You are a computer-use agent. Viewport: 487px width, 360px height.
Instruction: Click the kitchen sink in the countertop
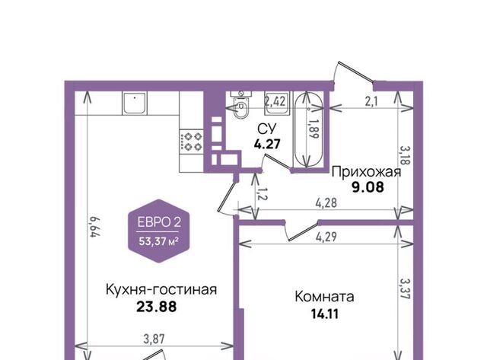[x=135, y=103]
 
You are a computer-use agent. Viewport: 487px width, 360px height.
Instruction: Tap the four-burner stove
[x=191, y=141]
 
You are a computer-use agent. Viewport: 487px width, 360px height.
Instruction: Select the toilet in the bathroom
[x=240, y=105]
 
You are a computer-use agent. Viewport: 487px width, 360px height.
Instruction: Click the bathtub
[x=308, y=129]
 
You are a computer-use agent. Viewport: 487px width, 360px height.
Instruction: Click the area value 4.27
[x=267, y=144]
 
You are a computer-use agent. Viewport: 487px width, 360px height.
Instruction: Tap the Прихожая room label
[x=367, y=172]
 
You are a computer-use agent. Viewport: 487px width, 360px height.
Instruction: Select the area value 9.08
[x=368, y=187]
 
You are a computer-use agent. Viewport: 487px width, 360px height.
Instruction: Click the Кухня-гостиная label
[x=161, y=290]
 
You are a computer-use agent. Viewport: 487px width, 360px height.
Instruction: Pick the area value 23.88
[x=157, y=307]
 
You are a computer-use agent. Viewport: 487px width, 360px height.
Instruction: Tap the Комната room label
[x=324, y=297]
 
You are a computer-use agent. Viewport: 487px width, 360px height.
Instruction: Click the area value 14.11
[x=325, y=314]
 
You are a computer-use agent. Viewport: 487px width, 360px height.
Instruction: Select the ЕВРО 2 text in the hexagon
[x=159, y=222]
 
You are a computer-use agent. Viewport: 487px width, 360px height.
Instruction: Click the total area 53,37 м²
[x=159, y=241]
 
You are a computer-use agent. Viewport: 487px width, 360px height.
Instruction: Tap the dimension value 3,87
[x=154, y=339]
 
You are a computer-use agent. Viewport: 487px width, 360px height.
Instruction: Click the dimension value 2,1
[x=371, y=102]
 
